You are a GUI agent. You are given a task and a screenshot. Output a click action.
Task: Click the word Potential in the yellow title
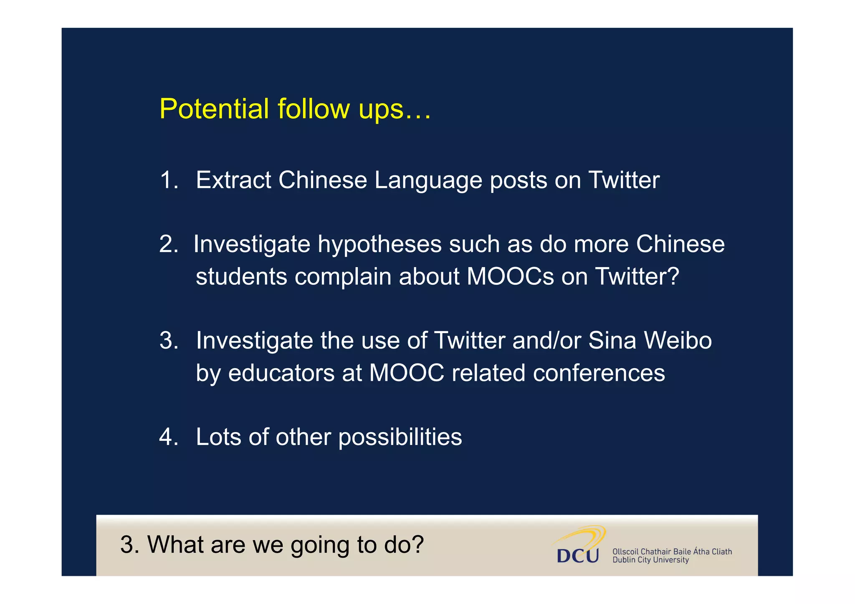point(214,109)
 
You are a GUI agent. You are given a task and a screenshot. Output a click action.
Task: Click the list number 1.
point(168,180)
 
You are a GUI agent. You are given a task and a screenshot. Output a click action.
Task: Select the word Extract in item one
point(234,180)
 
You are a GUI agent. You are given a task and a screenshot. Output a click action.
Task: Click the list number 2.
point(168,244)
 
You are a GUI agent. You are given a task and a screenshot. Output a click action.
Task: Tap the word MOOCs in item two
point(510,276)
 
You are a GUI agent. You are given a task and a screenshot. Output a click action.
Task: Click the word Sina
point(612,340)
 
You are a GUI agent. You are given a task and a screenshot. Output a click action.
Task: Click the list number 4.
point(168,437)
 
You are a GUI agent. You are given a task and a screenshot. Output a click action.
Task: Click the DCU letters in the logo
point(577,556)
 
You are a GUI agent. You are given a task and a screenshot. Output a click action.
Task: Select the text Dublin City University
point(650,560)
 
